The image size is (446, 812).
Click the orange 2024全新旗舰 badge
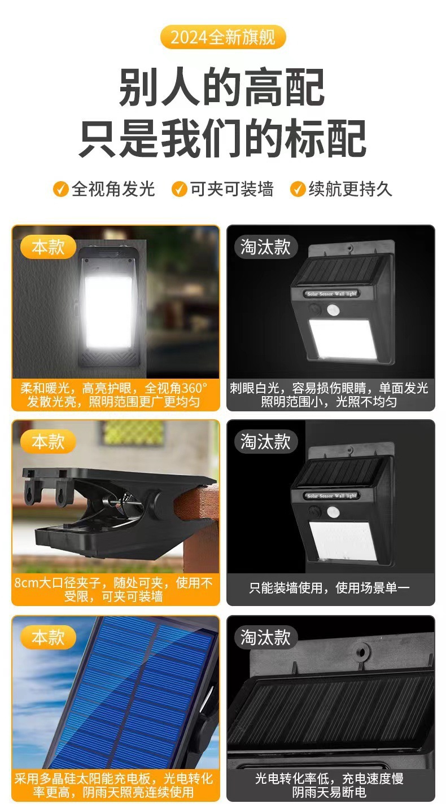coord(222,38)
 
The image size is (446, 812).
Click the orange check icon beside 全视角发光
coord(60,189)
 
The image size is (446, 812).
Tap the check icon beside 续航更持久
coord(298,189)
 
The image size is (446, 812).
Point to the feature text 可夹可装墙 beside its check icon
coord(231,189)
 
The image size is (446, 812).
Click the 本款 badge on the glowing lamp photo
coord(48,247)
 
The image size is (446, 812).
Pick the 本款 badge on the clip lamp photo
coord(48,441)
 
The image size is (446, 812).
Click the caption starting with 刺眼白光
coord(330,395)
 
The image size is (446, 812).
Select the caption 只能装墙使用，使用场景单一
coord(330,588)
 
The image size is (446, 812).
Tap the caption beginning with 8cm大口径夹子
coord(115,589)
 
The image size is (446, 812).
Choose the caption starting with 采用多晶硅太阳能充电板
coord(115,785)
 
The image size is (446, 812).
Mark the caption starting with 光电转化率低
coord(330,785)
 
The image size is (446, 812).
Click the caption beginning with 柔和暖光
coord(115,395)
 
